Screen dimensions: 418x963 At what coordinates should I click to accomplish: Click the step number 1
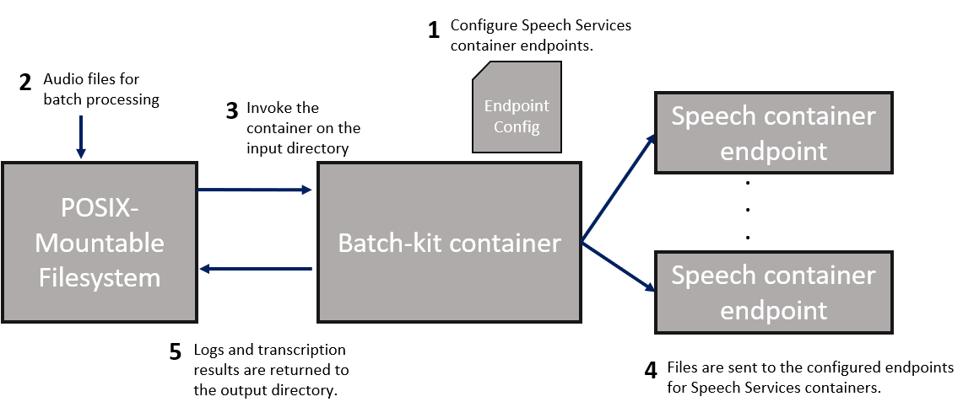pos(434,31)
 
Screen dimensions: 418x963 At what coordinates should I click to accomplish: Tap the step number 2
pos(25,83)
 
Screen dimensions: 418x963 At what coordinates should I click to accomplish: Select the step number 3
pos(232,112)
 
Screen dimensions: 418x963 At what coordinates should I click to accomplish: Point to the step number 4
pos(650,371)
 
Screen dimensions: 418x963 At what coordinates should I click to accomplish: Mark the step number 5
pos(175,352)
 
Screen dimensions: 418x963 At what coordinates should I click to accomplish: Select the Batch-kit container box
pos(449,243)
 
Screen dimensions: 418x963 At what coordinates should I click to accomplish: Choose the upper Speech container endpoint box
pos(773,132)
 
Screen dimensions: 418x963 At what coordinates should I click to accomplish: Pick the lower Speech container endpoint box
pos(773,292)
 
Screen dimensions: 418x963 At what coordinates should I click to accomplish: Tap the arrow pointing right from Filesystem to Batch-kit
pos(254,190)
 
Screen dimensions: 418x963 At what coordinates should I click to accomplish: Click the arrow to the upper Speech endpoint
pos(619,187)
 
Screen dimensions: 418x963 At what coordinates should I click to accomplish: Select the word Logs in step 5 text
pos(208,350)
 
